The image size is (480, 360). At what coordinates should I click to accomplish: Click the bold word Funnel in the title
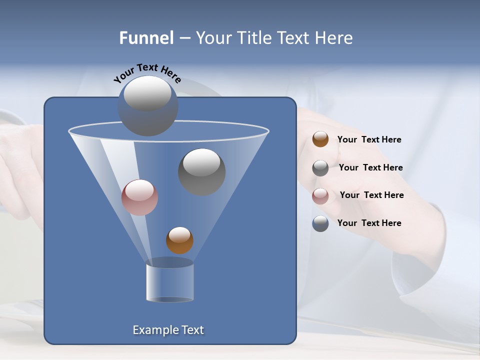click(146, 38)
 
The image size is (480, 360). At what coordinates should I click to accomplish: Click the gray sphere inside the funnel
click(202, 172)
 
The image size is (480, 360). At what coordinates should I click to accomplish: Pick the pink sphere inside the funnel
click(139, 197)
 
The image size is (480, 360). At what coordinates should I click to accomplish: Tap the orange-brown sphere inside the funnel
click(179, 240)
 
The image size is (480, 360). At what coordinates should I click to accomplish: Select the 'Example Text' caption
click(168, 330)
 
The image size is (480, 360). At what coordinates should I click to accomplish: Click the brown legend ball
click(320, 139)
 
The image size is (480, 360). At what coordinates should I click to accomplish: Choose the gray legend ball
click(320, 168)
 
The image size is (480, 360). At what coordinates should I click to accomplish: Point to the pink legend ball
click(320, 196)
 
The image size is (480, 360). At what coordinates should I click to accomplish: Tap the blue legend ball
click(320, 223)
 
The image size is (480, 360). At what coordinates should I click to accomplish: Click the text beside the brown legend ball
click(369, 140)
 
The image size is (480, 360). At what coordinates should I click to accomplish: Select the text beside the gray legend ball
click(370, 168)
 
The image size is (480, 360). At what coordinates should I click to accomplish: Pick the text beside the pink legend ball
click(371, 195)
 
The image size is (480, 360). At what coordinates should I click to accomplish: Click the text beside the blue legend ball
click(369, 223)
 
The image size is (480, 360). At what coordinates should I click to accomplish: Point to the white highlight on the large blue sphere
click(147, 93)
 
